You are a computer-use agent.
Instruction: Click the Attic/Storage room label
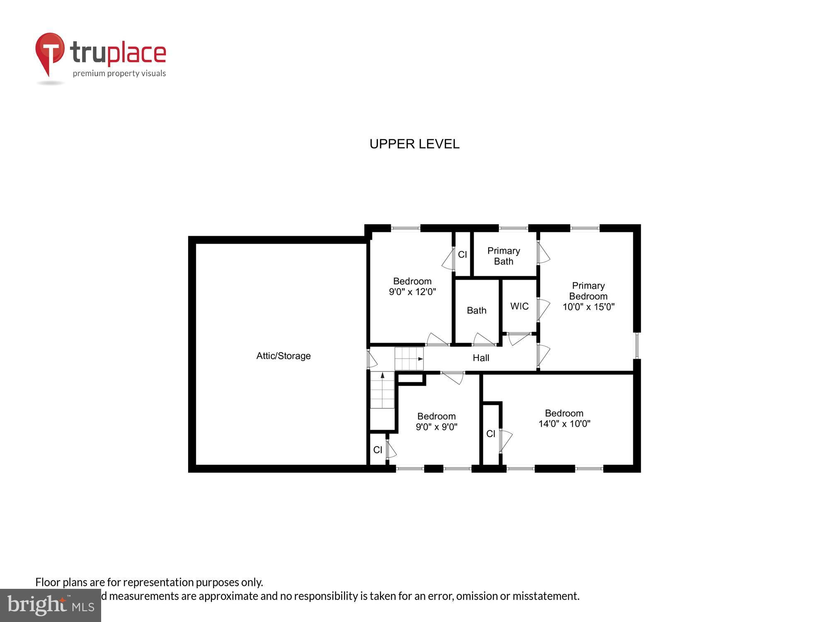[x=284, y=356]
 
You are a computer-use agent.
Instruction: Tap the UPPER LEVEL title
[x=414, y=144]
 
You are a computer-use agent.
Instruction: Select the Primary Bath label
[x=504, y=256]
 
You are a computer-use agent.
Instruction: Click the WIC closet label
[x=519, y=306]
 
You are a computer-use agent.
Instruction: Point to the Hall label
[x=481, y=358]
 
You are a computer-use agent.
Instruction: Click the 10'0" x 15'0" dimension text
[x=588, y=307]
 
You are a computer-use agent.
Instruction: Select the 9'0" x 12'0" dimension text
[x=412, y=292]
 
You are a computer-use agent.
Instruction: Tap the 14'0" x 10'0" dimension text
[x=564, y=424]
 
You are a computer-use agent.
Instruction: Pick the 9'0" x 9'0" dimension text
[x=436, y=427]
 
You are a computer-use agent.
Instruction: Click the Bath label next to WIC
[x=476, y=310]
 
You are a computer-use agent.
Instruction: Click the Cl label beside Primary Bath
[x=462, y=255]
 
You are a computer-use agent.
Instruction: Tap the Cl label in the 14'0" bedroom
[x=491, y=434]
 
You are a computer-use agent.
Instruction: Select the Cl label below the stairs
[x=378, y=450]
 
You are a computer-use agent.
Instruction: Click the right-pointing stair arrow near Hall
[x=420, y=359]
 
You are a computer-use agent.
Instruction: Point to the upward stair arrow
[x=382, y=375]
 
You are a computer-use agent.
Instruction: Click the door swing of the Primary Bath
[x=543, y=253]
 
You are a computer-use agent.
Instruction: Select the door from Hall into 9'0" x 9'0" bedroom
[x=453, y=377]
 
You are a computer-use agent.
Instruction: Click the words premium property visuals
[x=119, y=74]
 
